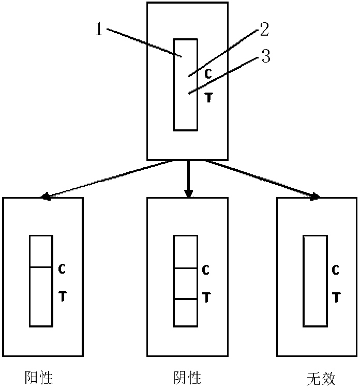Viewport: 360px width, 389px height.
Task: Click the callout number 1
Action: pyautogui.click(x=100, y=29)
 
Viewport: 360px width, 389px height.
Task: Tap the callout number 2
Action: pyautogui.click(x=264, y=29)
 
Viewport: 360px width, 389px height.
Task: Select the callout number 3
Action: pyautogui.click(x=265, y=56)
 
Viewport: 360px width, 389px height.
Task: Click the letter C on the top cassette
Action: pyautogui.click(x=208, y=74)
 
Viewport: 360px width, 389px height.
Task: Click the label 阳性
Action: pyautogui.click(x=39, y=377)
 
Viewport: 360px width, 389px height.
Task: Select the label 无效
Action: pyautogui.click(x=321, y=378)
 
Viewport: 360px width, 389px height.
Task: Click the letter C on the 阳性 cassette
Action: pyautogui.click(x=61, y=269)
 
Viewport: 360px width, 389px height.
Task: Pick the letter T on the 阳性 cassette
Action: pyautogui.click(x=61, y=297)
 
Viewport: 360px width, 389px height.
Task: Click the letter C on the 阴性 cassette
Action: pyautogui.click(x=205, y=270)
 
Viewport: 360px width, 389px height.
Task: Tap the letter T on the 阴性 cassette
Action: pyautogui.click(x=205, y=297)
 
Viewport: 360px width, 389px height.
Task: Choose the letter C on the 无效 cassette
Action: pyautogui.click(x=335, y=270)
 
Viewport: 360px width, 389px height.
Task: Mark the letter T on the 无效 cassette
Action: pyautogui.click(x=335, y=297)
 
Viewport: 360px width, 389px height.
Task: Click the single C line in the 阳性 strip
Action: pyautogui.click(x=41, y=267)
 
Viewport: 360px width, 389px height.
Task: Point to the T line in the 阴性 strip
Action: pyautogui.click(x=185, y=299)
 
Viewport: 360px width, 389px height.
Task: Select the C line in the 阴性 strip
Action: pyautogui.click(x=185, y=268)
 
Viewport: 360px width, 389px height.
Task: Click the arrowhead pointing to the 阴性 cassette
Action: pyautogui.click(x=188, y=193)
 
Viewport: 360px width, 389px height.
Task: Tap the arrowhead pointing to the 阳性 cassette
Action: pyautogui.click(x=45, y=197)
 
